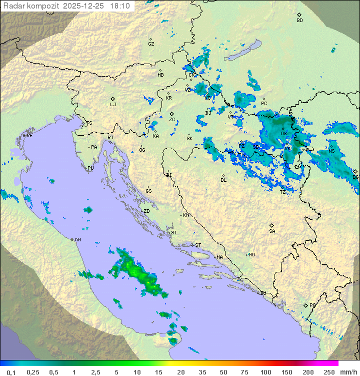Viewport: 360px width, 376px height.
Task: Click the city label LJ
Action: (x=113, y=105)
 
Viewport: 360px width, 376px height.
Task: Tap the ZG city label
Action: (x=172, y=120)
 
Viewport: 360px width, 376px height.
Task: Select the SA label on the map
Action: (x=272, y=231)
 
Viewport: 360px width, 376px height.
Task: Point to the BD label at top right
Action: (x=299, y=21)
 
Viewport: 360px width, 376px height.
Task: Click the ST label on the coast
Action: (x=198, y=245)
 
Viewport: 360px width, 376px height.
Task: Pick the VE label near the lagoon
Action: (x=29, y=136)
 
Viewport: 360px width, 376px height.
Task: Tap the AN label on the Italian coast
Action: (x=77, y=240)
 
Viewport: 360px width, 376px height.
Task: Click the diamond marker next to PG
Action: (x=305, y=305)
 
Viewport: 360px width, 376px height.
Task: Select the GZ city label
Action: (x=151, y=44)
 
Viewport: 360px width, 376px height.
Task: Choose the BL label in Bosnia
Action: (x=223, y=180)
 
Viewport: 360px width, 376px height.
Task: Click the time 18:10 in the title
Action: (x=120, y=6)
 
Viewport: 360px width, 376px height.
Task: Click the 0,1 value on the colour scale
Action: (x=11, y=372)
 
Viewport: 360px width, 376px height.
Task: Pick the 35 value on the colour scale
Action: (x=202, y=372)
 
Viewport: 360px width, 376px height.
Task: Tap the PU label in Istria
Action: (x=90, y=168)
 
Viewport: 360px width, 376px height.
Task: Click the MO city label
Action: (x=251, y=255)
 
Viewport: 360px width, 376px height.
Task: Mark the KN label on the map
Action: (x=186, y=215)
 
